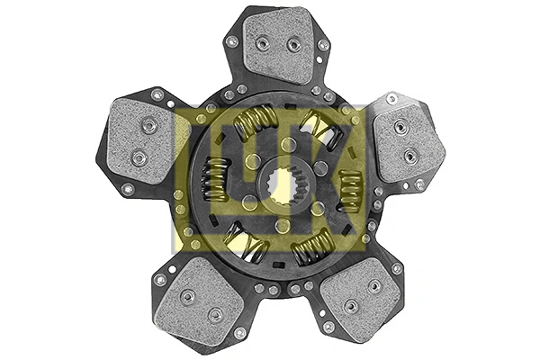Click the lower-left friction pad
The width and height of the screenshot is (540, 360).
click(197, 301)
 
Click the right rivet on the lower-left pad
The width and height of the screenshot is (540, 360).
click(215, 314)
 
